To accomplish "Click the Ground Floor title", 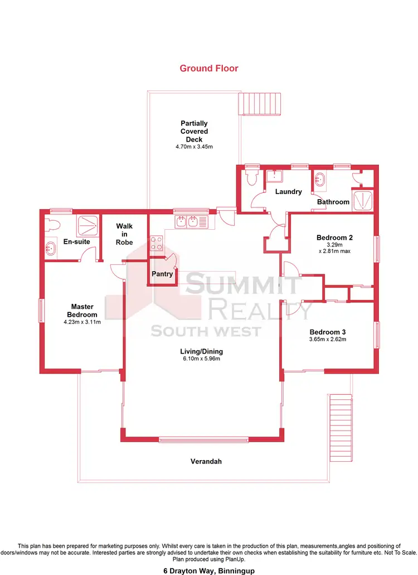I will pos(208,69).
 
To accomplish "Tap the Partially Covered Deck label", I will pos(194,131).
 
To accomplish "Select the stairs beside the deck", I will pos(261,104).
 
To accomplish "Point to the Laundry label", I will pos(288,192).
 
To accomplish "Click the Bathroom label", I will pos(333,202).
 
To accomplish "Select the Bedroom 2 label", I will pos(334,237).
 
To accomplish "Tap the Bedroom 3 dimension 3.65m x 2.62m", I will pos(328,339).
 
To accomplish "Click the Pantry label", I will pos(163,274).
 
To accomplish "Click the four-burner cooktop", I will pos(155,244).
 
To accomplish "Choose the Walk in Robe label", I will pos(124,234).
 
